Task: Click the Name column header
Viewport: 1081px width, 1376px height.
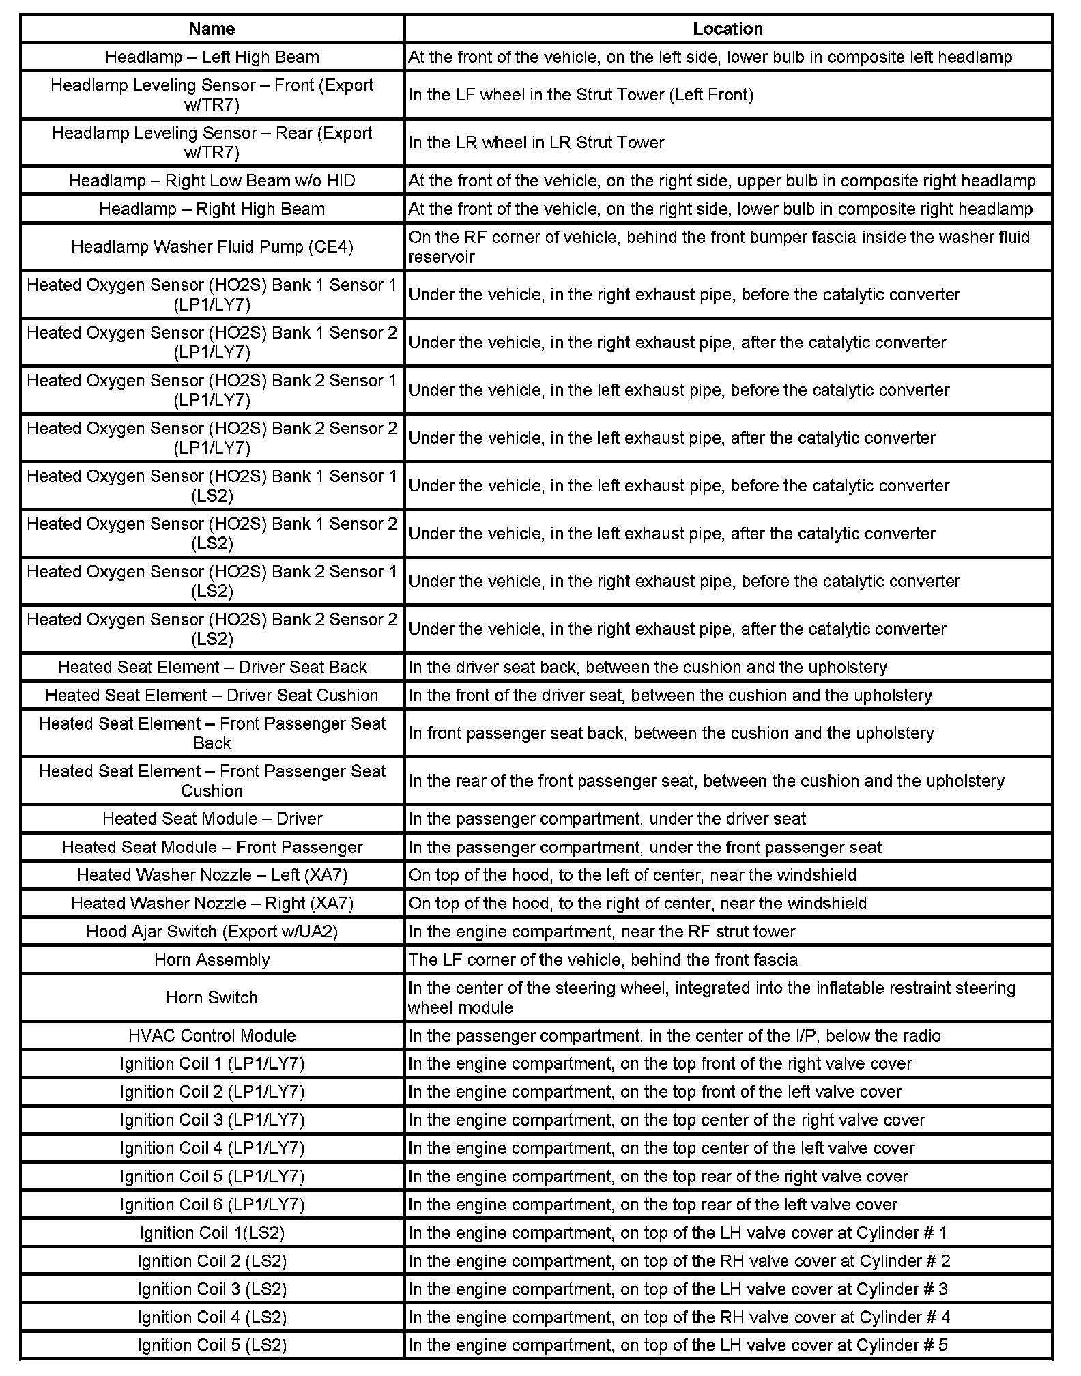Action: click(x=212, y=29)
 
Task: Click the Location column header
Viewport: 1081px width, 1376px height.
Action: click(x=727, y=29)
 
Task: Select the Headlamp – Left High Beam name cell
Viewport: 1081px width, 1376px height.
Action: click(x=212, y=57)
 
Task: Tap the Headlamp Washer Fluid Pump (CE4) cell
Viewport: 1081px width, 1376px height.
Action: click(x=212, y=247)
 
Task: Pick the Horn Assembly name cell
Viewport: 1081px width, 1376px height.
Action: click(x=212, y=960)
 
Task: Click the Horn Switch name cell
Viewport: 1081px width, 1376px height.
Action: click(x=212, y=998)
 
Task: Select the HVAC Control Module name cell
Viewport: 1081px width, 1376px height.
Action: click(x=212, y=1035)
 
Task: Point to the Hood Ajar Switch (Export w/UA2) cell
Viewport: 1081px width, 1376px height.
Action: click(x=212, y=932)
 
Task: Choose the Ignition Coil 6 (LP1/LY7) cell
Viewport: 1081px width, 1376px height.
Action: click(x=212, y=1205)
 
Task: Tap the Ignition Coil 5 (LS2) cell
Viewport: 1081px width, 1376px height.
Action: click(x=212, y=1345)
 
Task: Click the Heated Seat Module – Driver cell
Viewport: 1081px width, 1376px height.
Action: click(x=212, y=819)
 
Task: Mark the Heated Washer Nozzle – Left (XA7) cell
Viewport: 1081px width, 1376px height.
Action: click(x=212, y=875)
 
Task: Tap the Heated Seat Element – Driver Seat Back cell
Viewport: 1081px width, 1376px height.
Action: click(x=212, y=667)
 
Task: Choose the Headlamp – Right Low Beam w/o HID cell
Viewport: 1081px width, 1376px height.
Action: click(x=212, y=181)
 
